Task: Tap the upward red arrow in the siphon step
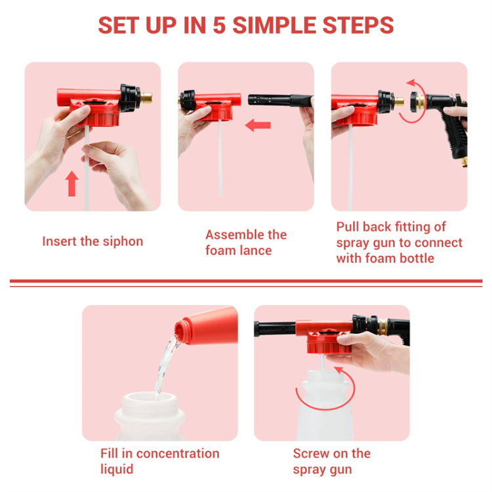[72, 184]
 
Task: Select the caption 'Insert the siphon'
[92, 241]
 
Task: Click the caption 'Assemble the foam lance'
[245, 242]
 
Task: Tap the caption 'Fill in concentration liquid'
[159, 461]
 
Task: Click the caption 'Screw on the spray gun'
[331, 461]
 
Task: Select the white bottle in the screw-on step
[328, 413]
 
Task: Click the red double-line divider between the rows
[246, 283]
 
